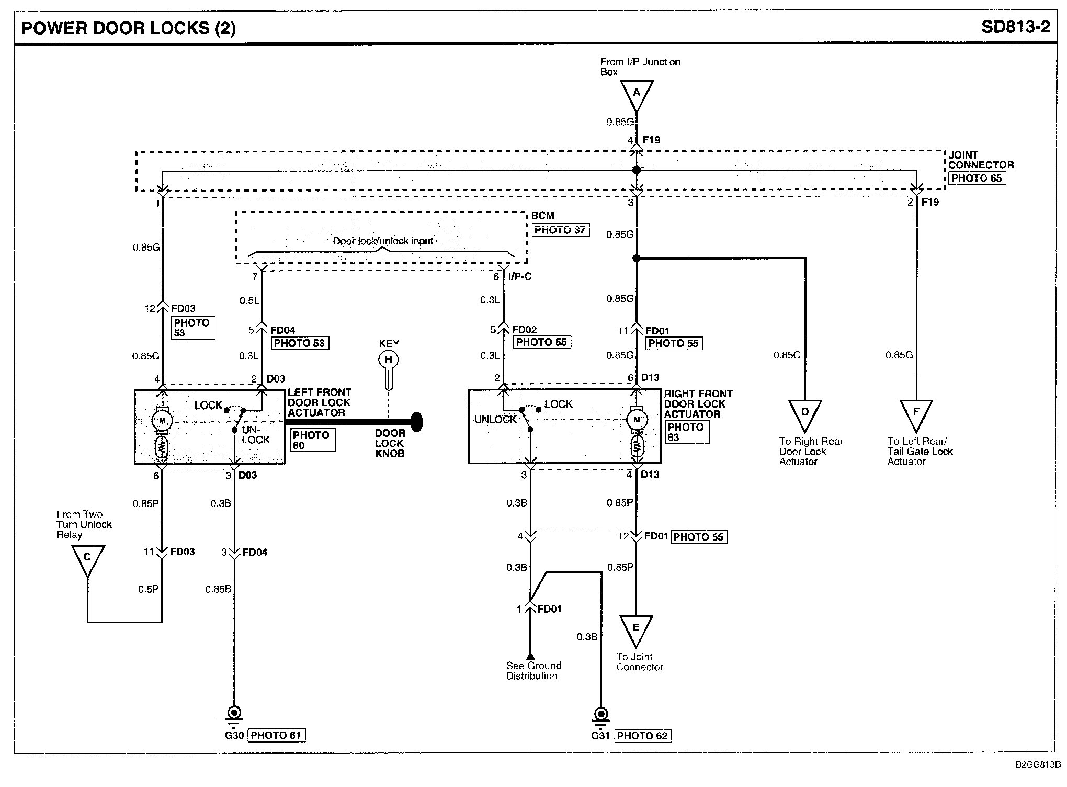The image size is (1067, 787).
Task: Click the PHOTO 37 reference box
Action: [x=560, y=230]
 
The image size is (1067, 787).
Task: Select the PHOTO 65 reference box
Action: [x=977, y=178]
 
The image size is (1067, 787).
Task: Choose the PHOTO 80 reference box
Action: [x=312, y=440]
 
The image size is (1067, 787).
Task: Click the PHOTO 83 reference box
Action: [x=687, y=432]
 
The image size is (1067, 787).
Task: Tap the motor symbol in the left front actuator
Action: [x=162, y=420]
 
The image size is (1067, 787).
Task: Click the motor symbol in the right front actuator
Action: [x=637, y=419]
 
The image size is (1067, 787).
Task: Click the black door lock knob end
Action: [x=416, y=422]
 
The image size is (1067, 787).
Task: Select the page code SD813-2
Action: [x=1016, y=27]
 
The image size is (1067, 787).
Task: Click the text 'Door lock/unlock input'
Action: [x=383, y=241]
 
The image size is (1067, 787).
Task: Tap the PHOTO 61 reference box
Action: [x=276, y=735]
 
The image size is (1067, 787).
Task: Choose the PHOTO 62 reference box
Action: [x=643, y=736]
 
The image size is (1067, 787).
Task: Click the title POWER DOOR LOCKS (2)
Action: [x=129, y=28]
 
